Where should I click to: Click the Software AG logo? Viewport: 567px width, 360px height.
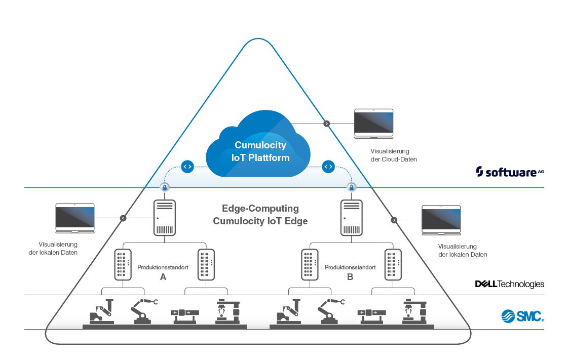pos(510,172)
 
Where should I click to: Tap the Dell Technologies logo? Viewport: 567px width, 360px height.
pos(509,284)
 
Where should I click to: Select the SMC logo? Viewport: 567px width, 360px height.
pos(522,316)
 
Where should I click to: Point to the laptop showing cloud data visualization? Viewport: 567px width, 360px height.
pos(373,123)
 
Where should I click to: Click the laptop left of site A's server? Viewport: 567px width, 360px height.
pos(75,218)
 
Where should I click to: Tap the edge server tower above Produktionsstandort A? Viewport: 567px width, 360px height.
pos(164,217)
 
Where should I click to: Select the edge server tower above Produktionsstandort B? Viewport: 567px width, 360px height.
pos(351,217)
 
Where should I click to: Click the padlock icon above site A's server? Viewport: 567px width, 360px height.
pos(164,187)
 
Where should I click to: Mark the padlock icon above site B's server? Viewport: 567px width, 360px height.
pos(351,187)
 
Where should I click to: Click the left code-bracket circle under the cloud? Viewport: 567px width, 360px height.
pos(187,166)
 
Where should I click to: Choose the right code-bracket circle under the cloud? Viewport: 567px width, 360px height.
pos(328,166)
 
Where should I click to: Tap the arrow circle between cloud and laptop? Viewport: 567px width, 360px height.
pos(326,123)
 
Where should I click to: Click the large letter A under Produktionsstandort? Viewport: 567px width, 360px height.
pos(163,277)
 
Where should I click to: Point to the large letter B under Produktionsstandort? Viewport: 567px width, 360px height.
pos(350,277)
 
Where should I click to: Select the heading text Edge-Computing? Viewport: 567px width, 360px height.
pos(260,209)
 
